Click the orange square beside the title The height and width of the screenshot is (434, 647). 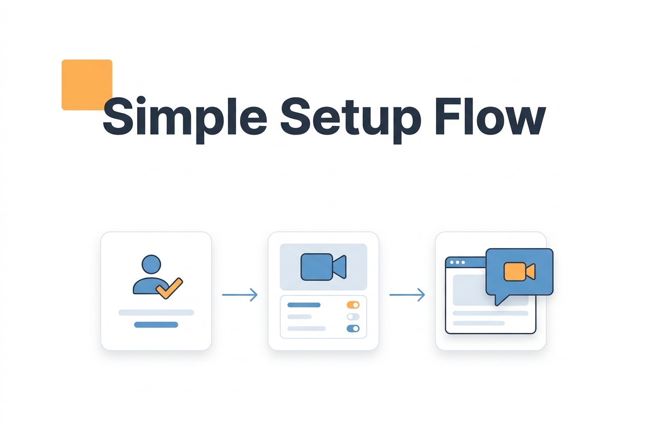(87, 84)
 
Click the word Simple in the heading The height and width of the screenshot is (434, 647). (185, 119)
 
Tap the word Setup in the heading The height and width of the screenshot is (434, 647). (351, 119)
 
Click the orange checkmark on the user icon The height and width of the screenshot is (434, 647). (169, 288)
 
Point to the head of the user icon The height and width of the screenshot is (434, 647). (152, 264)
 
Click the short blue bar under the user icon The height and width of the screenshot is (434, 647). (156, 324)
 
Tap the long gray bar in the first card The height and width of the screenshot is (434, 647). (156, 312)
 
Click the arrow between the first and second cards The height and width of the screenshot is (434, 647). (240, 295)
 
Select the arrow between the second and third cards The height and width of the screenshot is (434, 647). (407, 295)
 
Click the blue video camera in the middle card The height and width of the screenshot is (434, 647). (323, 267)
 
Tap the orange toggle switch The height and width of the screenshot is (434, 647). (353, 305)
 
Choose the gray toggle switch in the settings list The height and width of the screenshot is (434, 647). (353, 317)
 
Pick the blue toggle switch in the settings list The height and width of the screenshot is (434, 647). (353, 329)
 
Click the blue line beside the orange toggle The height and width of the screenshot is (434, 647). (304, 305)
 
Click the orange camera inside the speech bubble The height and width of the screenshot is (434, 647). (520, 271)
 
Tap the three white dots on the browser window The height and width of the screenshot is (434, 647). (458, 263)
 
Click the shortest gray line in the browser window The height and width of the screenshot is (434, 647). (479, 323)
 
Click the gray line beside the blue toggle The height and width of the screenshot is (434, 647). (307, 329)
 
